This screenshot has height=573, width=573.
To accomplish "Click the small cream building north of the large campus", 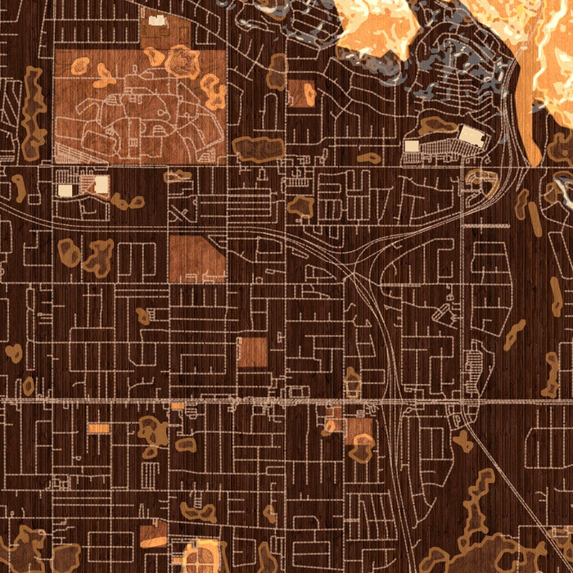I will click(156, 20).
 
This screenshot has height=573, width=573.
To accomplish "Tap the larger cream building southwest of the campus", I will click(102, 184).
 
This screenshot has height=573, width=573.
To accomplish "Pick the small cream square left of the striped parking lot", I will click(412, 146).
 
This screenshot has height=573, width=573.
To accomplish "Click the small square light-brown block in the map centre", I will click(252, 351).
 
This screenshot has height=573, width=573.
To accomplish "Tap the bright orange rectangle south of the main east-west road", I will click(98, 428).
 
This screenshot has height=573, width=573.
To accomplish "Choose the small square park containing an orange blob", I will click(301, 93).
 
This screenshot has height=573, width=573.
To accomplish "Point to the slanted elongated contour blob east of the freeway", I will click(514, 333).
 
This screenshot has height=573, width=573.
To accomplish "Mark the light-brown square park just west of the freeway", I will click(359, 430).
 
